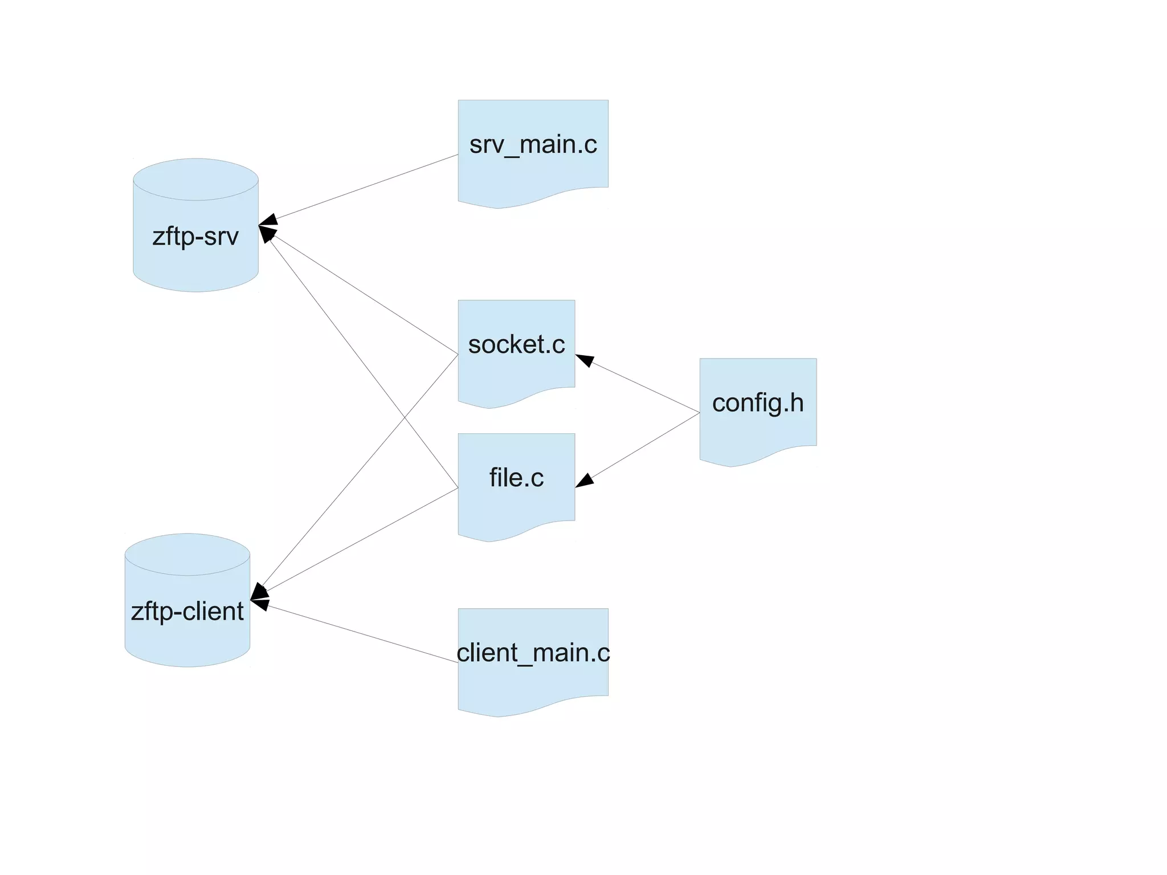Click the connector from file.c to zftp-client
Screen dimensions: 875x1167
click(365, 538)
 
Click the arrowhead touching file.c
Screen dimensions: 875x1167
click(585, 481)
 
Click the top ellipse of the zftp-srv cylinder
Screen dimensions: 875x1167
click(195, 179)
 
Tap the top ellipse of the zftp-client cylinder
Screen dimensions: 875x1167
click(187, 554)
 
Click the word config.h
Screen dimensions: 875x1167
click(758, 403)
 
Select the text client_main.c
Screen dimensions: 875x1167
click(533, 653)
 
